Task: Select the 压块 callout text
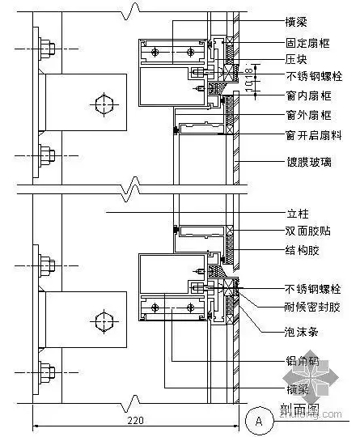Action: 297,59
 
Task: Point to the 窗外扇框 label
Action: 308,116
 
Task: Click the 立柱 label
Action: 297,214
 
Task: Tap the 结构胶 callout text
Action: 303,251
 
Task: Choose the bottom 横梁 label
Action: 297,389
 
